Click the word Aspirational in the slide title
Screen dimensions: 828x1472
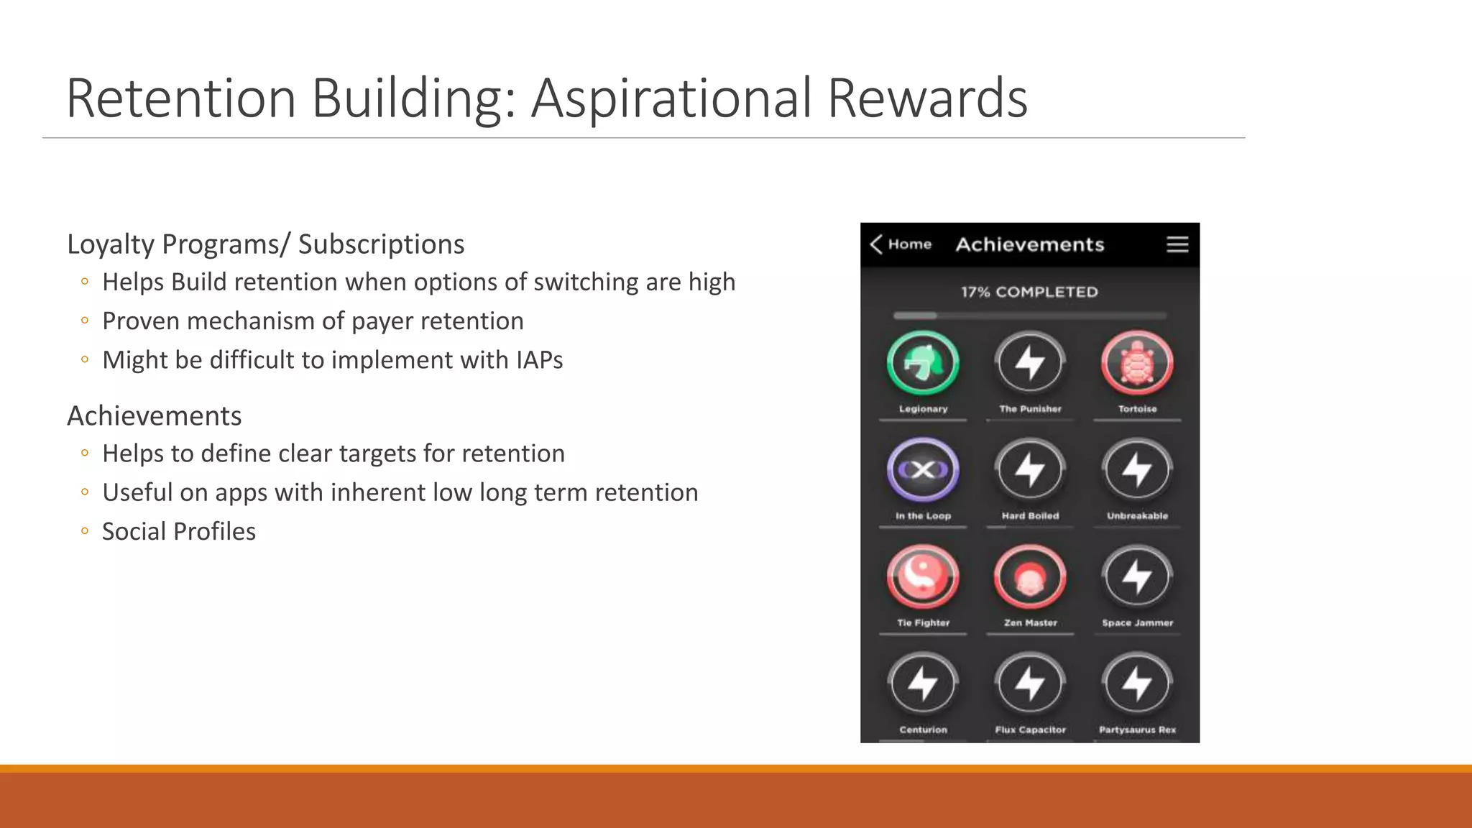673,98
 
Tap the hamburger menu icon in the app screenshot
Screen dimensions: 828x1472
1177,244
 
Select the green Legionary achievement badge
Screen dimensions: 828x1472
923,363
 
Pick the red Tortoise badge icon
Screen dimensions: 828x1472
1137,363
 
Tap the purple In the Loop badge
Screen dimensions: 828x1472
923,470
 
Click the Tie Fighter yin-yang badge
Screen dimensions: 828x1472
923,576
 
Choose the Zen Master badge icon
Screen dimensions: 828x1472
1030,576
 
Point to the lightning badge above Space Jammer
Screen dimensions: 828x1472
1137,576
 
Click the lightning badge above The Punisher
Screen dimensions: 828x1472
1030,363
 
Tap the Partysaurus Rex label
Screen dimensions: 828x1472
1137,730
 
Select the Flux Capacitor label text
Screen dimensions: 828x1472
1030,730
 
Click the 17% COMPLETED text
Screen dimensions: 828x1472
1029,292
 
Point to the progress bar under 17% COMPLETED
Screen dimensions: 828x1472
1029,316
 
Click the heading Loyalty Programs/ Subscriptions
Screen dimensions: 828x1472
265,244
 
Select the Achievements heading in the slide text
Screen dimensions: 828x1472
154,416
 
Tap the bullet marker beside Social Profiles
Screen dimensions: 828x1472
85,532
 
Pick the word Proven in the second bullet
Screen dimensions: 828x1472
141,321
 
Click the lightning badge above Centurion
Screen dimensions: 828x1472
923,684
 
